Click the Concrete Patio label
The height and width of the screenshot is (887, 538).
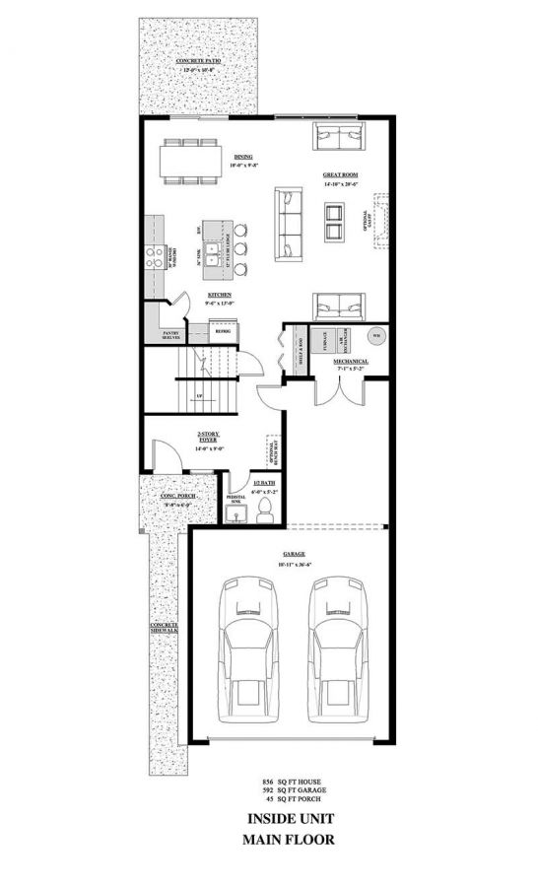point(198,62)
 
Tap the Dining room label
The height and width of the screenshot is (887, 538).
point(242,157)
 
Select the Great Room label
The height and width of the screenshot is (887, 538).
point(339,175)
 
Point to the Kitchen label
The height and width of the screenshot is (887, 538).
point(219,295)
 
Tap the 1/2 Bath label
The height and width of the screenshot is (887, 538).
point(251,485)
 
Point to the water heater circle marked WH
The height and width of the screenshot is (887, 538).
point(375,336)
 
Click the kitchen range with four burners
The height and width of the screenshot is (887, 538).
point(155,256)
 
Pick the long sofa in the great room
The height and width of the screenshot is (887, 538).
point(289,225)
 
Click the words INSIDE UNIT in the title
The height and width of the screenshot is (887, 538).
point(289,818)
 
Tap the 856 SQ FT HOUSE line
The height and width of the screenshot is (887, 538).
point(289,780)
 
